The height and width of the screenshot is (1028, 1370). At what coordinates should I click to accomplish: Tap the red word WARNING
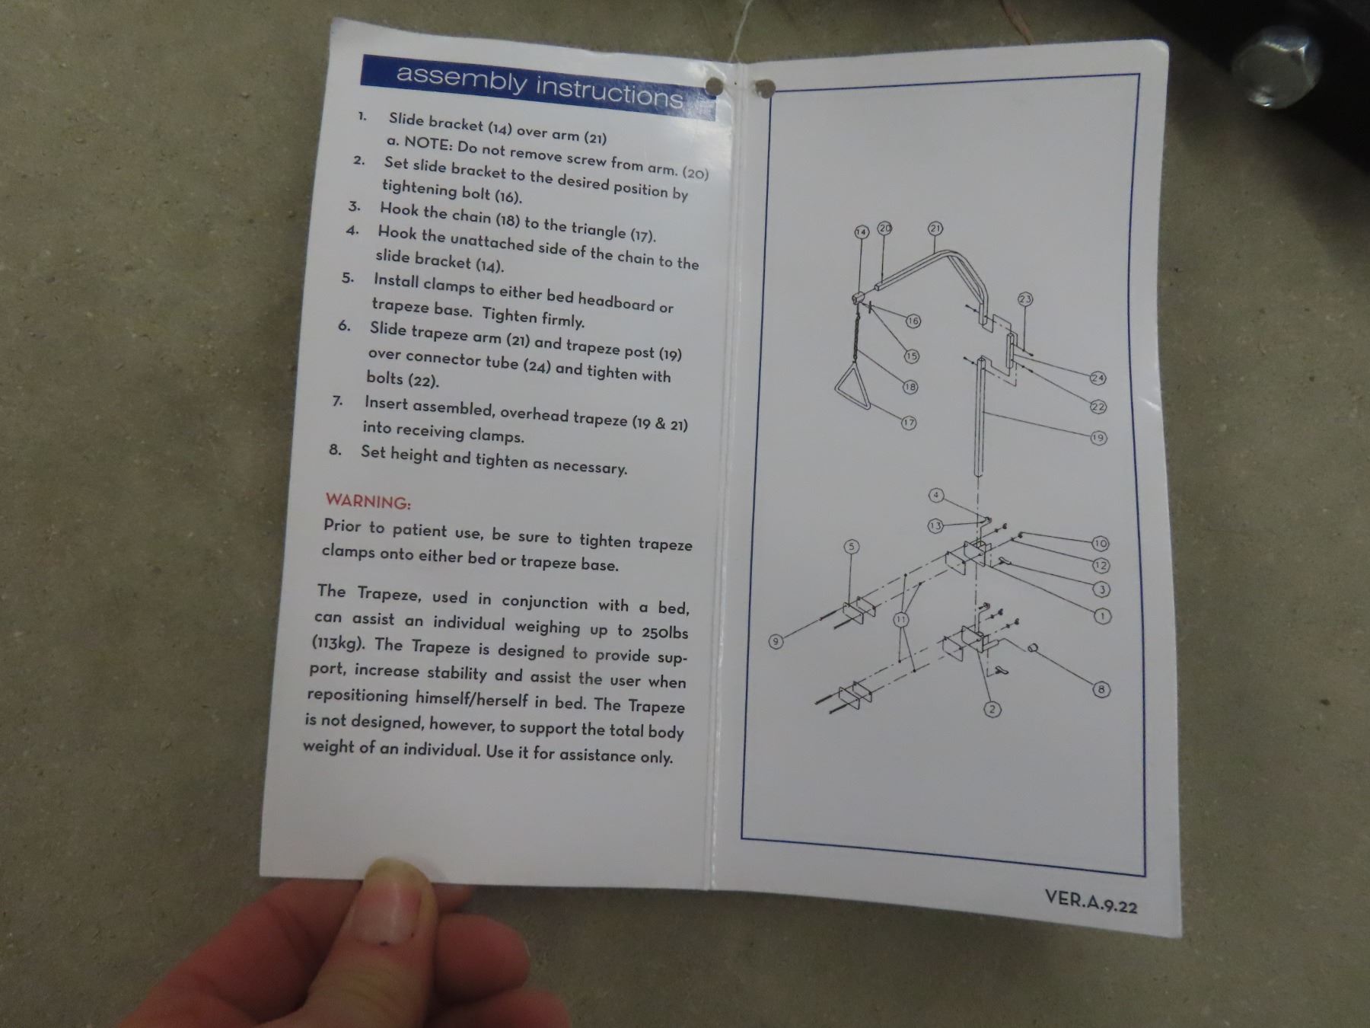[x=368, y=502]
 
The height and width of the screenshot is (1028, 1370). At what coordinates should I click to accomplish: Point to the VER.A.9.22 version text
[x=1091, y=901]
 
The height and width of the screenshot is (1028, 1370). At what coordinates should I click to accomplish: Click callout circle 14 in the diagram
[x=862, y=231]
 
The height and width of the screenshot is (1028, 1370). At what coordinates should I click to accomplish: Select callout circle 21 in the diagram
[x=935, y=228]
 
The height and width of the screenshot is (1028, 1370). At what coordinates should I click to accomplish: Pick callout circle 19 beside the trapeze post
[x=1098, y=438]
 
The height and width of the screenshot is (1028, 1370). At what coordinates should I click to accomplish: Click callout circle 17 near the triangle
[x=909, y=423]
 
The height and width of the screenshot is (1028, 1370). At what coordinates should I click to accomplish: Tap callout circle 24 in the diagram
[x=1098, y=378]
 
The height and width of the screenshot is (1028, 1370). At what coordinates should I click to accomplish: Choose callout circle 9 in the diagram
[x=776, y=641]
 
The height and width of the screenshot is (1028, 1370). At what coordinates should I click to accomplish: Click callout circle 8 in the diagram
[x=1101, y=690]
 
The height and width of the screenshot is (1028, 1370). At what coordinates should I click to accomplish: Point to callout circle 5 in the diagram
[x=852, y=547]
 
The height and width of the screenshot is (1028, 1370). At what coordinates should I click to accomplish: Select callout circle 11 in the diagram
[x=901, y=619]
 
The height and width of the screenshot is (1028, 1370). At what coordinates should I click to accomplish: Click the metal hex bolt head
[x=1274, y=67]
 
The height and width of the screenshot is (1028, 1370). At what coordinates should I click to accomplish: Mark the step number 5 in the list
[x=348, y=278]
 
